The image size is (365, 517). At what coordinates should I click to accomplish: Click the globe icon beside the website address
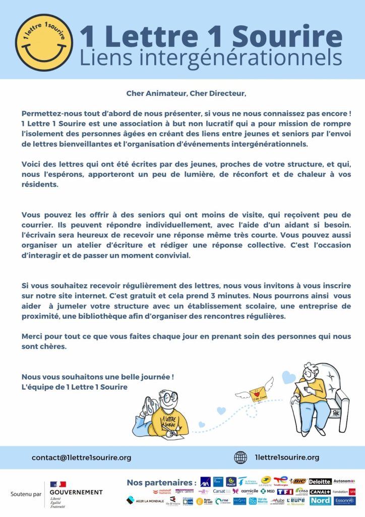coord(240,457)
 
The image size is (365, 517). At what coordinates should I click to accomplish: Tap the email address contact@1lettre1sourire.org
coord(81,457)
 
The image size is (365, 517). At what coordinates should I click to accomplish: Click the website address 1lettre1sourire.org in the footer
coord(288,457)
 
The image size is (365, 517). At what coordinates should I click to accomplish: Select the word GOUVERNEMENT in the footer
coord(76,492)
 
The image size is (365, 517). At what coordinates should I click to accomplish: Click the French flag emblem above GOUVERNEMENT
coord(58,484)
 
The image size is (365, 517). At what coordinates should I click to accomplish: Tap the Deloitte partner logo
coord(320,482)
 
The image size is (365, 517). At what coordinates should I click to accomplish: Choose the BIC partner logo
coord(299,481)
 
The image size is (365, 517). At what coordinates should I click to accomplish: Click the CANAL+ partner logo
coord(320,491)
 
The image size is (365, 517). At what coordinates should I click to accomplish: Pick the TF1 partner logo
coord(285,491)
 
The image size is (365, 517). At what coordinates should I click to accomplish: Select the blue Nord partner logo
coord(321,501)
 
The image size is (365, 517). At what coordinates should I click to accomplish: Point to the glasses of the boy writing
coord(169,397)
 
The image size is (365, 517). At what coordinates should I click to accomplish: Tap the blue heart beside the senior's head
coord(288,377)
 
